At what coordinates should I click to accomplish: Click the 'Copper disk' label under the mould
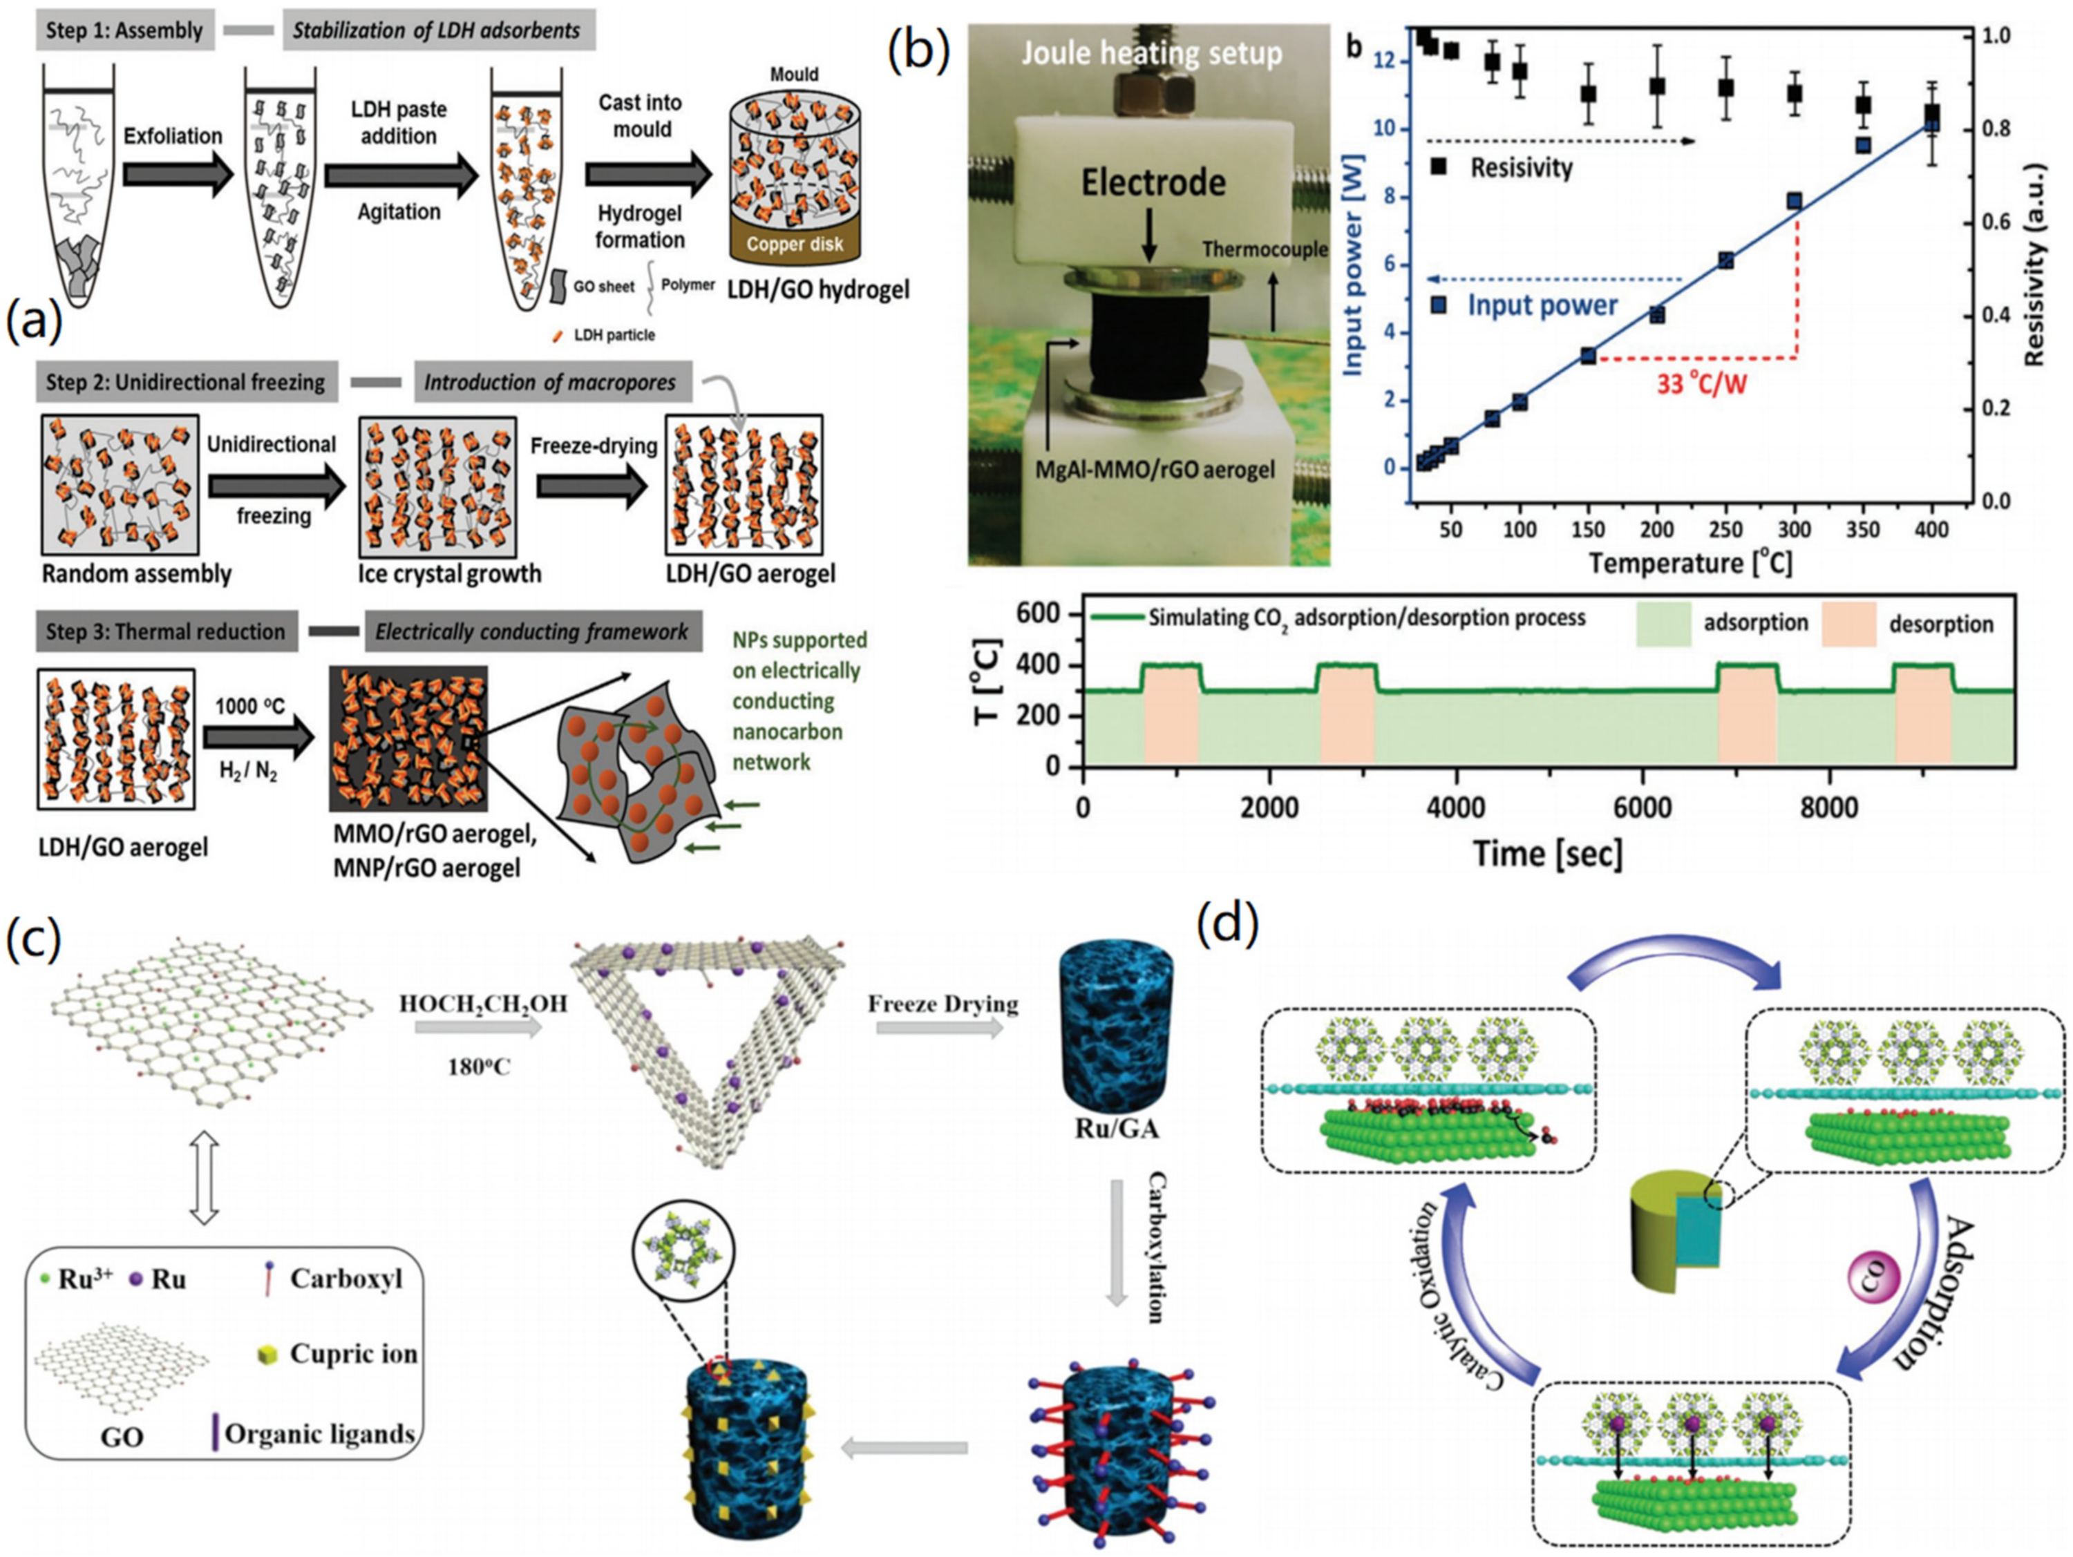pyautogui.click(x=795, y=245)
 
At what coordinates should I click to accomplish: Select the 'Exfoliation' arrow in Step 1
pyautogui.click(x=178, y=173)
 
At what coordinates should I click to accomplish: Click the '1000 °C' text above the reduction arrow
pyautogui.click(x=249, y=705)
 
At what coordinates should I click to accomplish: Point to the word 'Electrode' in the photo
pyautogui.click(x=1153, y=182)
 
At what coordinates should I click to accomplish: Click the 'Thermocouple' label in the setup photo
pyautogui.click(x=1265, y=249)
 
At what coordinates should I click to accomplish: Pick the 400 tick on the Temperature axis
pyautogui.click(x=1931, y=529)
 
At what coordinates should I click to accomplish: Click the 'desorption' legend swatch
pyautogui.click(x=1848, y=624)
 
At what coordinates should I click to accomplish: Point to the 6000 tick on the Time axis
pyautogui.click(x=1642, y=808)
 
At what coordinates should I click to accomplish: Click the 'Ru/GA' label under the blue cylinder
pyautogui.click(x=1115, y=1128)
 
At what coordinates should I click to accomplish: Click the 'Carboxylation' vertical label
pyautogui.click(x=1155, y=1246)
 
